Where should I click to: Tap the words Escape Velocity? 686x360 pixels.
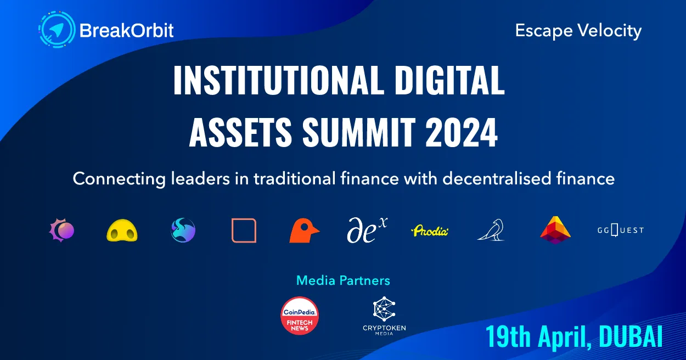[x=578, y=31]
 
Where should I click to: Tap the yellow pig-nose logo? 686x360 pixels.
[x=122, y=231]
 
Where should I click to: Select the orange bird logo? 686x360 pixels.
[x=304, y=230]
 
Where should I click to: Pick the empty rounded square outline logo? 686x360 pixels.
[x=244, y=230]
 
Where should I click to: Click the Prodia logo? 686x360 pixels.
[x=430, y=231]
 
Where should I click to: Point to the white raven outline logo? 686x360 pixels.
[x=490, y=230]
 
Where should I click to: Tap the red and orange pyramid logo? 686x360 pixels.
[x=555, y=230]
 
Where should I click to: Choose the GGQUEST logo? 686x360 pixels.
[x=620, y=230]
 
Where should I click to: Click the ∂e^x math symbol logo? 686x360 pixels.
[x=367, y=230]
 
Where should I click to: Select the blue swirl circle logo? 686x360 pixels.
[x=183, y=230]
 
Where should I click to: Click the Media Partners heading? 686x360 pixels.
[x=343, y=280]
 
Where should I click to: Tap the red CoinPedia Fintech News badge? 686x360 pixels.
[x=300, y=316]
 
